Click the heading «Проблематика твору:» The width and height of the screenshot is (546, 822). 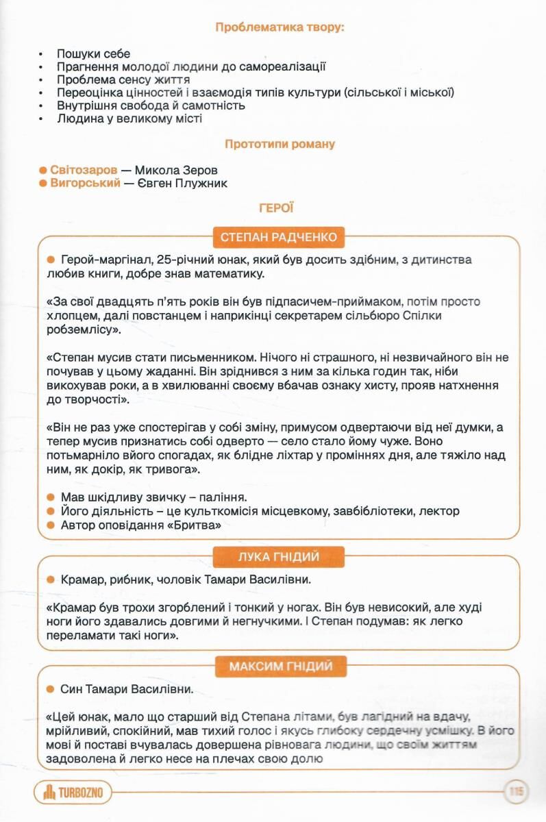(x=280, y=27)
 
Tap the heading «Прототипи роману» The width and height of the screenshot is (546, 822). (x=280, y=145)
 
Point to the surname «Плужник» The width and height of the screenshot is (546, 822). (x=202, y=184)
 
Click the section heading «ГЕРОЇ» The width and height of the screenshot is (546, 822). (x=276, y=208)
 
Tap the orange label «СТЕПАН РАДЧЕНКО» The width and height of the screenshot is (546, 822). (x=279, y=238)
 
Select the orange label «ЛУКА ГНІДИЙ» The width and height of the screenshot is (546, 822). (x=279, y=557)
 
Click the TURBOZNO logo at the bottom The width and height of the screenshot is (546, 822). (x=73, y=793)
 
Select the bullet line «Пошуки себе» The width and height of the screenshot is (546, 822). (x=93, y=53)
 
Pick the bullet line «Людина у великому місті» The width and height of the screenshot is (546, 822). (x=129, y=119)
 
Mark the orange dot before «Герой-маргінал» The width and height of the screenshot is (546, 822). (x=50, y=260)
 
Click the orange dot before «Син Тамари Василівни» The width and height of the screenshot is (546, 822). (x=50, y=688)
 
